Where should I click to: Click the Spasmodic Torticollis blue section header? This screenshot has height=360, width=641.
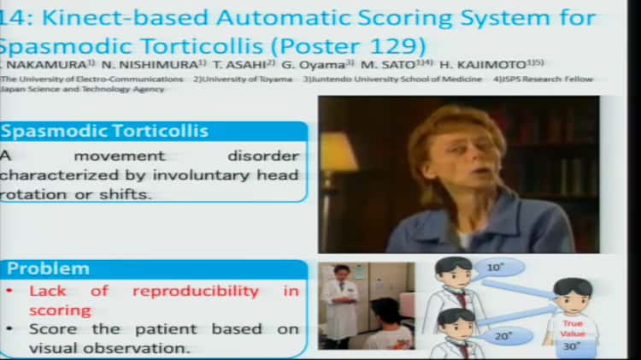(x=106, y=132)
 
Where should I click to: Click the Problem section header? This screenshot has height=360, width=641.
(x=48, y=269)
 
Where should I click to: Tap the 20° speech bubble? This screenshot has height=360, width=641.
(x=503, y=336)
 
